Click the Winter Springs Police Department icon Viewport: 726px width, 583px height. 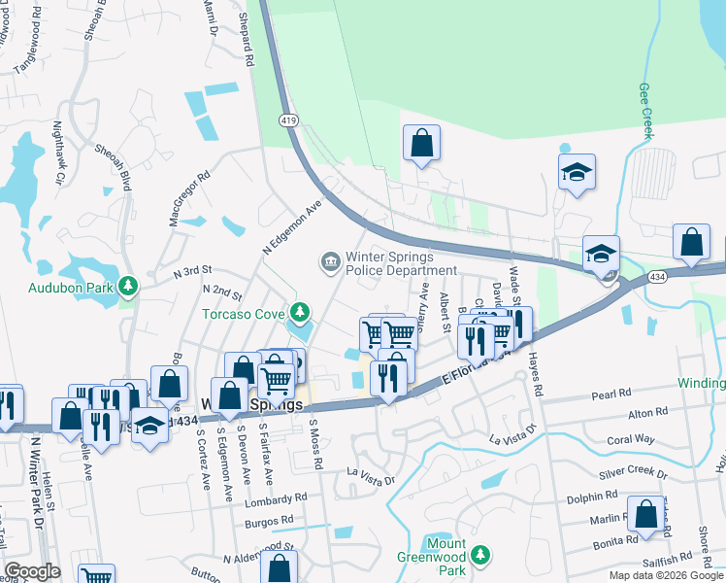(330, 261)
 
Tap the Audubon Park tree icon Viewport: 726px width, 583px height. (127, 287)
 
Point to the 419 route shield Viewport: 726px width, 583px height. (288, 120)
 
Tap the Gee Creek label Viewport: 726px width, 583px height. (645, 110)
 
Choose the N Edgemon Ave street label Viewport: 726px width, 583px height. (291, 228)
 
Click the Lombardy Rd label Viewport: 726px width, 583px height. (277, 499)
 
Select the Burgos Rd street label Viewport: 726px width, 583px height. (269, 521)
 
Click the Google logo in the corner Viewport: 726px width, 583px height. (32, 571)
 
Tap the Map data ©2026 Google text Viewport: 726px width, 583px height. (666, 575)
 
